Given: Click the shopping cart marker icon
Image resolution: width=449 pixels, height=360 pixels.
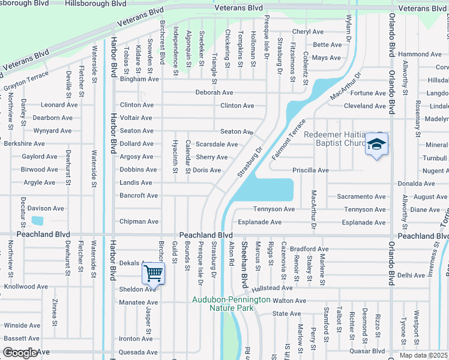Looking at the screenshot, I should click(x=154, y=274).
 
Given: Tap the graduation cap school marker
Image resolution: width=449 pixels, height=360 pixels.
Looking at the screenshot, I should click(x=376, y=145).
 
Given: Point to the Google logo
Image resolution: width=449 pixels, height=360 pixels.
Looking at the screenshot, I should click(x=20, y=353).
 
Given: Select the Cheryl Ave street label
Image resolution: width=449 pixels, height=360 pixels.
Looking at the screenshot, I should click(x=307, y=32).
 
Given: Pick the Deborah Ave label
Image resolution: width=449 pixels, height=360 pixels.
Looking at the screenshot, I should click(x=214, y=92).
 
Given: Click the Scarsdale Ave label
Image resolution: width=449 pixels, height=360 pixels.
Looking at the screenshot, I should click(x=217, y=145).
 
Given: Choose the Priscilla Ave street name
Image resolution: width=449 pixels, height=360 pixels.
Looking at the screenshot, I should click(x=310, y=170).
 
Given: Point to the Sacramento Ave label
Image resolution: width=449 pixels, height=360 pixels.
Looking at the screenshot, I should click(x=361, y=196).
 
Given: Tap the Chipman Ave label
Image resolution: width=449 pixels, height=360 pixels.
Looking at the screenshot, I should click(x=139, y=221).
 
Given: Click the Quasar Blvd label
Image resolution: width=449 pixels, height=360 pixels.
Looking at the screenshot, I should click(x=370, y=352).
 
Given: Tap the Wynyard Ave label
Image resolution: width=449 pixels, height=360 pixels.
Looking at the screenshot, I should click(x=52, y=131).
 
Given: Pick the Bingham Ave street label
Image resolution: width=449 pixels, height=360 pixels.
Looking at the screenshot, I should click(x=139, y=79).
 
